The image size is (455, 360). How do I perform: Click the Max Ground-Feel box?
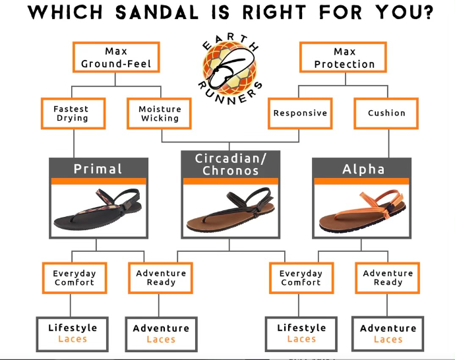tap(116, 57)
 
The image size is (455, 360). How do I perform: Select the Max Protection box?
tap(344, 57)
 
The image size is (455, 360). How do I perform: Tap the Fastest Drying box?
tap(73, 113)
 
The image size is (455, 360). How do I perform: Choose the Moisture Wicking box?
tap(160, 113)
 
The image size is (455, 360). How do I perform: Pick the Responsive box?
tap(300, 113)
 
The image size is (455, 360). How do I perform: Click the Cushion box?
tap(386, 113)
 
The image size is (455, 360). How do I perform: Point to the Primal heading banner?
tap(99, 169)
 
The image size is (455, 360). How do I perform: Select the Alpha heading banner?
tap(362, 169)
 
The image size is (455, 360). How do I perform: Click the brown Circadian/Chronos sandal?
tap(231, 210)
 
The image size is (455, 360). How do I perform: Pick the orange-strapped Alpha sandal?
tap(362, 212)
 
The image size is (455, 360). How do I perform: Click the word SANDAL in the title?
tap(157, 13)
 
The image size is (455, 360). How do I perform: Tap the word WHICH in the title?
tap(65, 13)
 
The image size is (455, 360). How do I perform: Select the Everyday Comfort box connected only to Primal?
tap(75, 278)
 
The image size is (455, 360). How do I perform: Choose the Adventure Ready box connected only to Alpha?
tap(387, 278)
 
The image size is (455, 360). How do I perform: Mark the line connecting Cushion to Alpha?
tap(389, 144)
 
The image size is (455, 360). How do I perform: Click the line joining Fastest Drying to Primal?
tap(74, 144)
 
